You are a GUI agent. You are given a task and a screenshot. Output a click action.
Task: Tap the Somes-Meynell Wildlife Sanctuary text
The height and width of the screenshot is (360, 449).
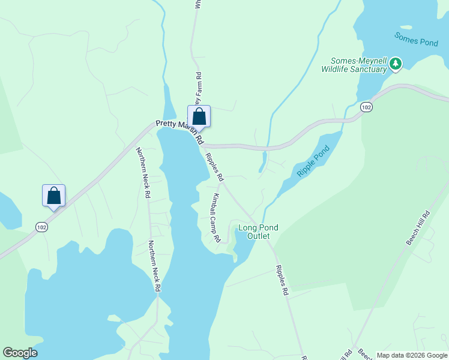click(x=354, y=65)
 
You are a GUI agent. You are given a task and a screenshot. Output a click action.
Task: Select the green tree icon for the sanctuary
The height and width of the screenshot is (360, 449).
click(x=395, y=63)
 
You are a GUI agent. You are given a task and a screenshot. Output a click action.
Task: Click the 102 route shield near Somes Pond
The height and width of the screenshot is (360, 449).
click(x=366, y=107)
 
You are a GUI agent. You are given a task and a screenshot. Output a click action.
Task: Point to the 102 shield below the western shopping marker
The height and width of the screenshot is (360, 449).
click(x=41, y=227)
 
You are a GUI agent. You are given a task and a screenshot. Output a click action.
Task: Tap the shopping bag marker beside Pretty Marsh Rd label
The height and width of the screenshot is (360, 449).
click(x=199, y=116)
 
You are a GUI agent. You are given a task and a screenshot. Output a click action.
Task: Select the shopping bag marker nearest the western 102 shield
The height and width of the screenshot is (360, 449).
click(x=53, y=196)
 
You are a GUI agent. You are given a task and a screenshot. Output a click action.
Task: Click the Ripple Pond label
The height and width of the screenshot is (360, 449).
click(x=313, y=161)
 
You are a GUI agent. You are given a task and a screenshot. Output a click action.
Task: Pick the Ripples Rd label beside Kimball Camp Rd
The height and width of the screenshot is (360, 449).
click(x=214, y=167)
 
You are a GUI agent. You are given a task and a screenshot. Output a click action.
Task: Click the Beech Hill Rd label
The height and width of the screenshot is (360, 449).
click(x=418, y=227)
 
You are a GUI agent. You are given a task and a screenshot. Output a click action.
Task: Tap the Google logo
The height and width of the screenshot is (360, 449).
click(x=20, y=353)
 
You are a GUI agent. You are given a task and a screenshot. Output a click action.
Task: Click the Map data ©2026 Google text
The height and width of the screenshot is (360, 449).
click(x=411, y=355)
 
